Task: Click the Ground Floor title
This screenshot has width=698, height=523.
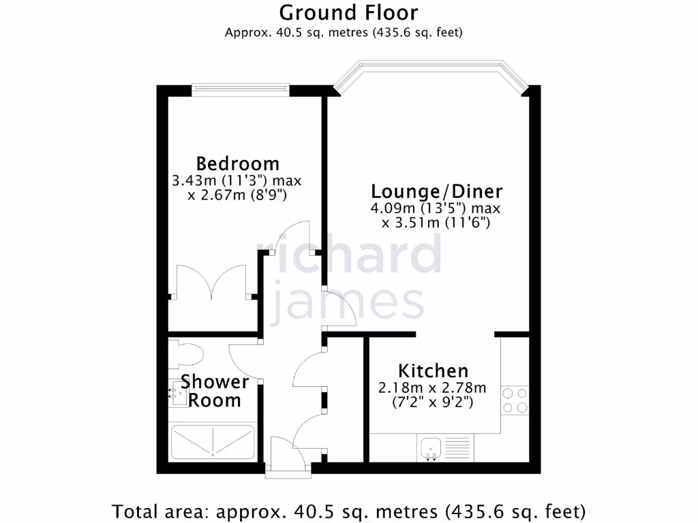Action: coord(348,13)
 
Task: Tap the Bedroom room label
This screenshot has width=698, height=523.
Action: coord(237,163)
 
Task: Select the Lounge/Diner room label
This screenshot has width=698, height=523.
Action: coord(436,191)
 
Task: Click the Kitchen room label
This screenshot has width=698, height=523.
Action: coord(433,371)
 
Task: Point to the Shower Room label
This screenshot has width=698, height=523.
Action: coord(214,391)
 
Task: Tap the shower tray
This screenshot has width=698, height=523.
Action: coord(212,442)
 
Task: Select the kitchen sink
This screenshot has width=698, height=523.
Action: coord(431,447)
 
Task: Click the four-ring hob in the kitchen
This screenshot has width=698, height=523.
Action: coord(515,400)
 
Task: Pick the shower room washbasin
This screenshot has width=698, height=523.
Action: coord(179,393)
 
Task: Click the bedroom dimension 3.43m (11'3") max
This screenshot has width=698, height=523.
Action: coord(237,181)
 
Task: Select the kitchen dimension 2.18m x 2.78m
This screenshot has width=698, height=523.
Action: coord(432,388)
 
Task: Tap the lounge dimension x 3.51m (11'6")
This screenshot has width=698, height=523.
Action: coord(436,223)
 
